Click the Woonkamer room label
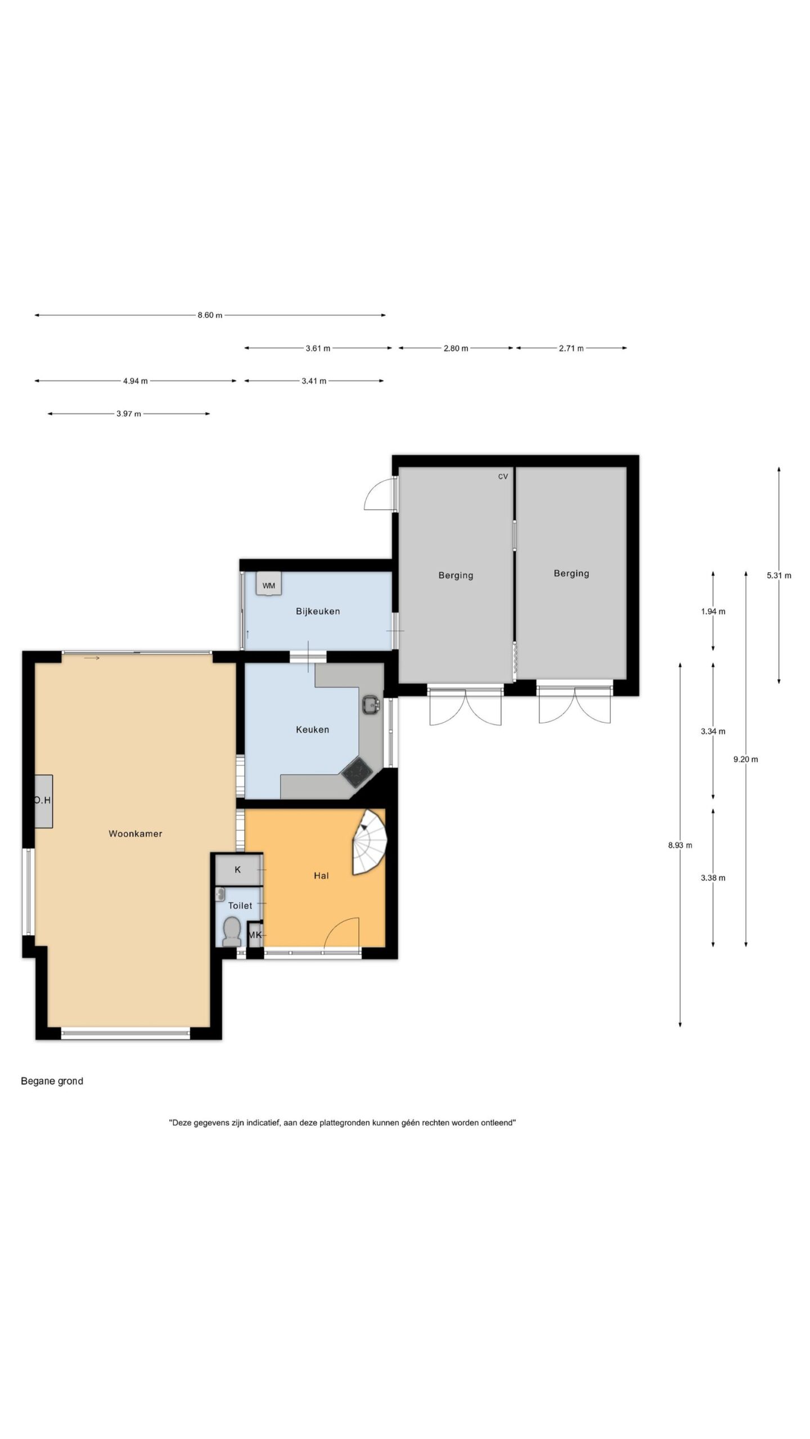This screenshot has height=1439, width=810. click(135, 834)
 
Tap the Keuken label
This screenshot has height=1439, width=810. click(312, 730)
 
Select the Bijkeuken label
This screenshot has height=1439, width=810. click(318, 611)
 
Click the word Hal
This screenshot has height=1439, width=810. click(321, 876)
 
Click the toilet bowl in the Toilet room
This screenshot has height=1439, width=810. click(231, 931)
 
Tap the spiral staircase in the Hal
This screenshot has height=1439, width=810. click(368, 842)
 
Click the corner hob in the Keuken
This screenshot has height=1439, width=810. click(357, 772)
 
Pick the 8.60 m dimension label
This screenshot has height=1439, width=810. click(210, 315)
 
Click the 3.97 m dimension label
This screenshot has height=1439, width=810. click(129, 414)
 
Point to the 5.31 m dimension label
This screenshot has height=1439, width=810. click(779, 575)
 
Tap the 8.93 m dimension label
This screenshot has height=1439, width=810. click(680, 845)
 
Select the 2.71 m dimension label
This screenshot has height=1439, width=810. click(571, 349)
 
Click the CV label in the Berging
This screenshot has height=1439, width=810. click(503, 477)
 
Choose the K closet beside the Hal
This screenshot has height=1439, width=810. click(238, 870)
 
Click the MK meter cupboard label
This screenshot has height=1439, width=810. click(255, 935)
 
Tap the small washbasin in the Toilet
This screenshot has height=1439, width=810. click(220, 894)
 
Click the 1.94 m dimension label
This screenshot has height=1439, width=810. click(713, 612)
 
